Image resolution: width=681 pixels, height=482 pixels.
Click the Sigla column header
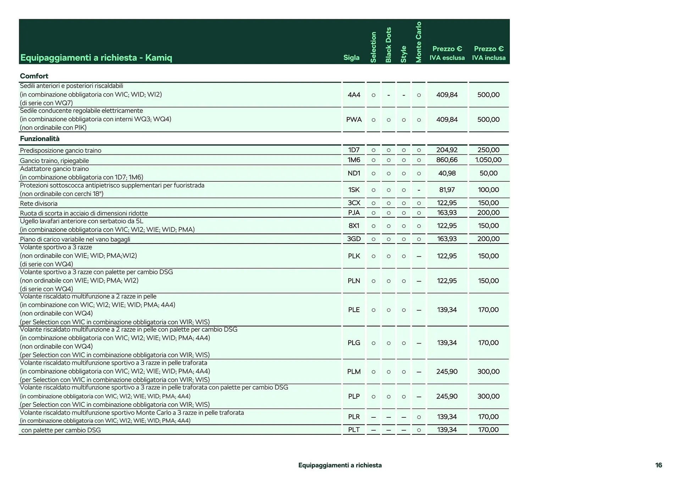[351, 57]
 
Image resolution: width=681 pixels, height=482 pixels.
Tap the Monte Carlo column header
[419, 42]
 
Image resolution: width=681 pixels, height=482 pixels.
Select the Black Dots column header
[388, 45]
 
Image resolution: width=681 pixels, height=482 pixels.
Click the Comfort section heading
[34, 76]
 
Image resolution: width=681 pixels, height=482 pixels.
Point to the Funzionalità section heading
[40, 139]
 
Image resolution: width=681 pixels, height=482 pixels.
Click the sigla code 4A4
[354, 95]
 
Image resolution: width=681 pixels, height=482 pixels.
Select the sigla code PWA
[354, 120]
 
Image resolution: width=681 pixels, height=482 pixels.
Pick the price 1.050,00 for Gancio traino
[488, 160]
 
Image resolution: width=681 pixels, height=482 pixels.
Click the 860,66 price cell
[447, 160]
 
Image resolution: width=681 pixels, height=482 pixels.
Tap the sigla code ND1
[354, 173]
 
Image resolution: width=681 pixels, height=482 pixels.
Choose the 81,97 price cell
[447, 190]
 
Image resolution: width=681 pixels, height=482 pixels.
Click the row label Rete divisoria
[39, 203]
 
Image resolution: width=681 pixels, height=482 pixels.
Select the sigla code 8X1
[354, 226]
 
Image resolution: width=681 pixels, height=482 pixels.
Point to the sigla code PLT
[354, 429]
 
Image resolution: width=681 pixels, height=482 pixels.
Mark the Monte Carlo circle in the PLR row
[419, 417]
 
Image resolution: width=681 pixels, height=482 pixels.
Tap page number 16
[658, 465]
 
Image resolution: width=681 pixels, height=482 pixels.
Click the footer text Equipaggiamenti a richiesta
[340, 465]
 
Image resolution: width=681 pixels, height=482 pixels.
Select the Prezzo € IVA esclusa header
[447, 53]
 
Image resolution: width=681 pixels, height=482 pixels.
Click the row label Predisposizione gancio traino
[61, 150]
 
